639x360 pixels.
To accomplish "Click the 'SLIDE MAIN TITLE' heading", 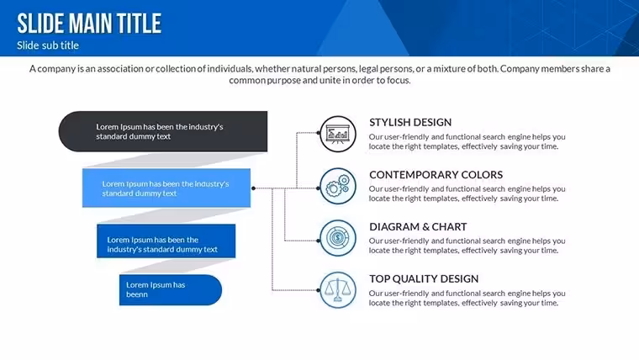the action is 89,24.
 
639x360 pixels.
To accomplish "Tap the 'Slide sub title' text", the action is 48,45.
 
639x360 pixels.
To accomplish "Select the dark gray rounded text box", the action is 163,131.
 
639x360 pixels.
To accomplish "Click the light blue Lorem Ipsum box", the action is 166,188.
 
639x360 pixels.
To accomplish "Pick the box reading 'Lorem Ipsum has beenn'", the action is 171,290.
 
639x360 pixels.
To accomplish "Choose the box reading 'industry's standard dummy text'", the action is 166,241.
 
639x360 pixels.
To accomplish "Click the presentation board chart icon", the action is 338,134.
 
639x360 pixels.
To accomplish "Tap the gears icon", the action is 338,186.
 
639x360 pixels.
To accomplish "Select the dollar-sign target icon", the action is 338,238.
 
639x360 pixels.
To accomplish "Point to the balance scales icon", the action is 338,290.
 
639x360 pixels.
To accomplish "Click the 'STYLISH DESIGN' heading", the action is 410,122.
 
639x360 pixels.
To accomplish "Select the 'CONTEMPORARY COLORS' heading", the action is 436,174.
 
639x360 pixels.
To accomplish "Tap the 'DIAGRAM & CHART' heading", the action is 418,226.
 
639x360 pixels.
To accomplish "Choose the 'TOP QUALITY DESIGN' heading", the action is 424,279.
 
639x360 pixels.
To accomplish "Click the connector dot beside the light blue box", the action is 253,188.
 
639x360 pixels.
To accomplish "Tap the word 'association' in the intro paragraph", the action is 120,69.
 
